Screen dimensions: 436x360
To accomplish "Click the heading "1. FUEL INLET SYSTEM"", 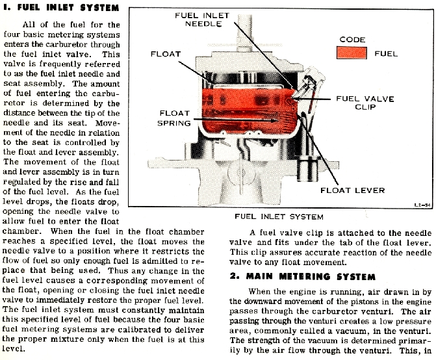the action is (x=61, y=7).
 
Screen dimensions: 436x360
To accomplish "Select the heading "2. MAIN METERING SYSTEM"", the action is (x=303, y=276).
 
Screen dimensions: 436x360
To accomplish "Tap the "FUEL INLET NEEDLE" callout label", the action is (x=202, y=19).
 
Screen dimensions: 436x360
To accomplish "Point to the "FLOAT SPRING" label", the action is (x=174, y=118).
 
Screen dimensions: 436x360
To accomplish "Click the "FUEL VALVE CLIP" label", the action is (x=365, y=103).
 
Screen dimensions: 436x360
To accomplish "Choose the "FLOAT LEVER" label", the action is (x=353, y=190).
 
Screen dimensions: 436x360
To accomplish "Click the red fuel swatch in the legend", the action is (x=352, y=53).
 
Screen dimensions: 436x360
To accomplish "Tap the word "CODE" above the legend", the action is (x=352, y=40).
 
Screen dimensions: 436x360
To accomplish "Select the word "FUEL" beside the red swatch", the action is (x=386, y=53).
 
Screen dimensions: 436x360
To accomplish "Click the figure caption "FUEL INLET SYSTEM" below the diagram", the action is (x=279, y=216).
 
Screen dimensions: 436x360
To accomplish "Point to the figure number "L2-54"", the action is (x=422, y=205).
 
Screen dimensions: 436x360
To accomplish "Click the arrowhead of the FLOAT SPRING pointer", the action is (x=275, y=121).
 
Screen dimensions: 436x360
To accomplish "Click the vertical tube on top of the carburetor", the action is (x=244, y=31).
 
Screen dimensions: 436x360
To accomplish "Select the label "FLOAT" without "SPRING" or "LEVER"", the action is (x=166, y=54).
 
